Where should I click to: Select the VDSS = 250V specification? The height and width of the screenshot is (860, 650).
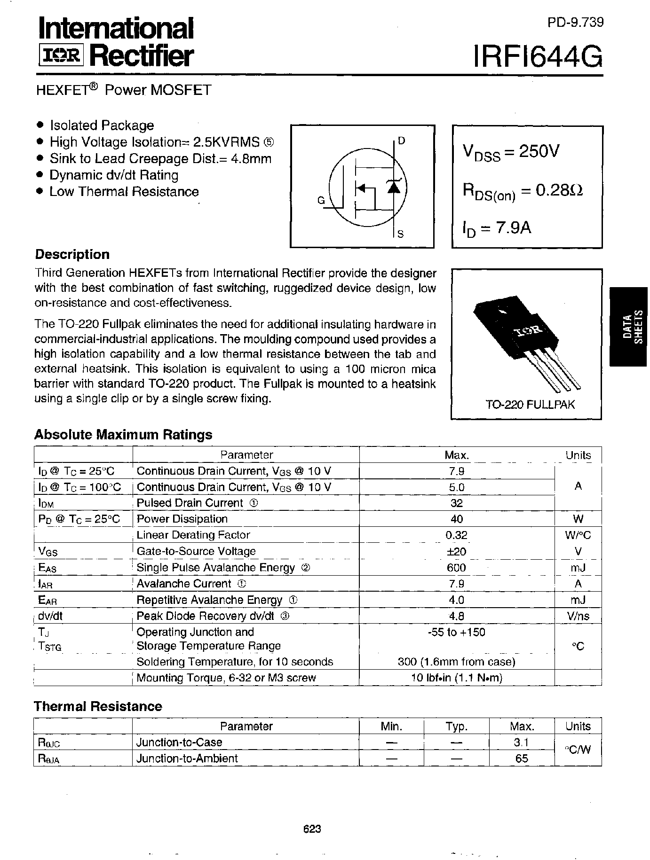tap(511, 152)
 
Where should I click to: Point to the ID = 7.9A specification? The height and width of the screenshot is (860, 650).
tap(497, 228)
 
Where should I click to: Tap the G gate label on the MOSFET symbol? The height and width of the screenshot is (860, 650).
tap(321, 201)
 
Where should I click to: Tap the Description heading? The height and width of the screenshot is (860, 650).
tap(72, 255)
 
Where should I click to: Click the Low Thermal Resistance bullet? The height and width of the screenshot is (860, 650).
tap(124, 192)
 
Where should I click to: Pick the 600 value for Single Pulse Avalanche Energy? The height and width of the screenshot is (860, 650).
tap(456, 568)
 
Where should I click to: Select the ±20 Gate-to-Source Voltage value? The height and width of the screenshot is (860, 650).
tap(456, 551)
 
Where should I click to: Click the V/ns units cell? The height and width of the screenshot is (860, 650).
tap(578, 616)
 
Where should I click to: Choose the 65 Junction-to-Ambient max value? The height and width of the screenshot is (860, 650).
tap(522, 758)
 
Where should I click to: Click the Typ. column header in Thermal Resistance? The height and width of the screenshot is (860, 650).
tap(456, 727)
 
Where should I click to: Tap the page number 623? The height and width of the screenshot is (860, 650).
tap(312, 829)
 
